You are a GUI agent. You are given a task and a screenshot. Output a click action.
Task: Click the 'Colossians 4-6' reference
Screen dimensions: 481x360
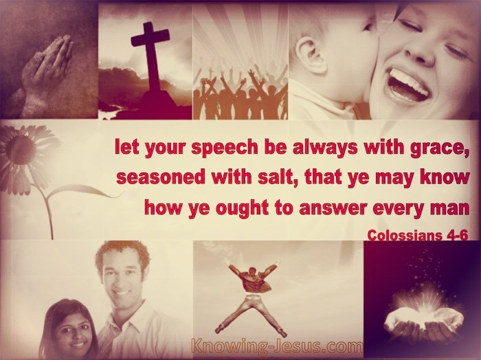pos(418,235)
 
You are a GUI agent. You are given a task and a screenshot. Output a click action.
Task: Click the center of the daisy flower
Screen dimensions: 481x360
pos(21,150)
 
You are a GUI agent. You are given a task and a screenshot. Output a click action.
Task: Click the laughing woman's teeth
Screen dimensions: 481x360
pos(409,80)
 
